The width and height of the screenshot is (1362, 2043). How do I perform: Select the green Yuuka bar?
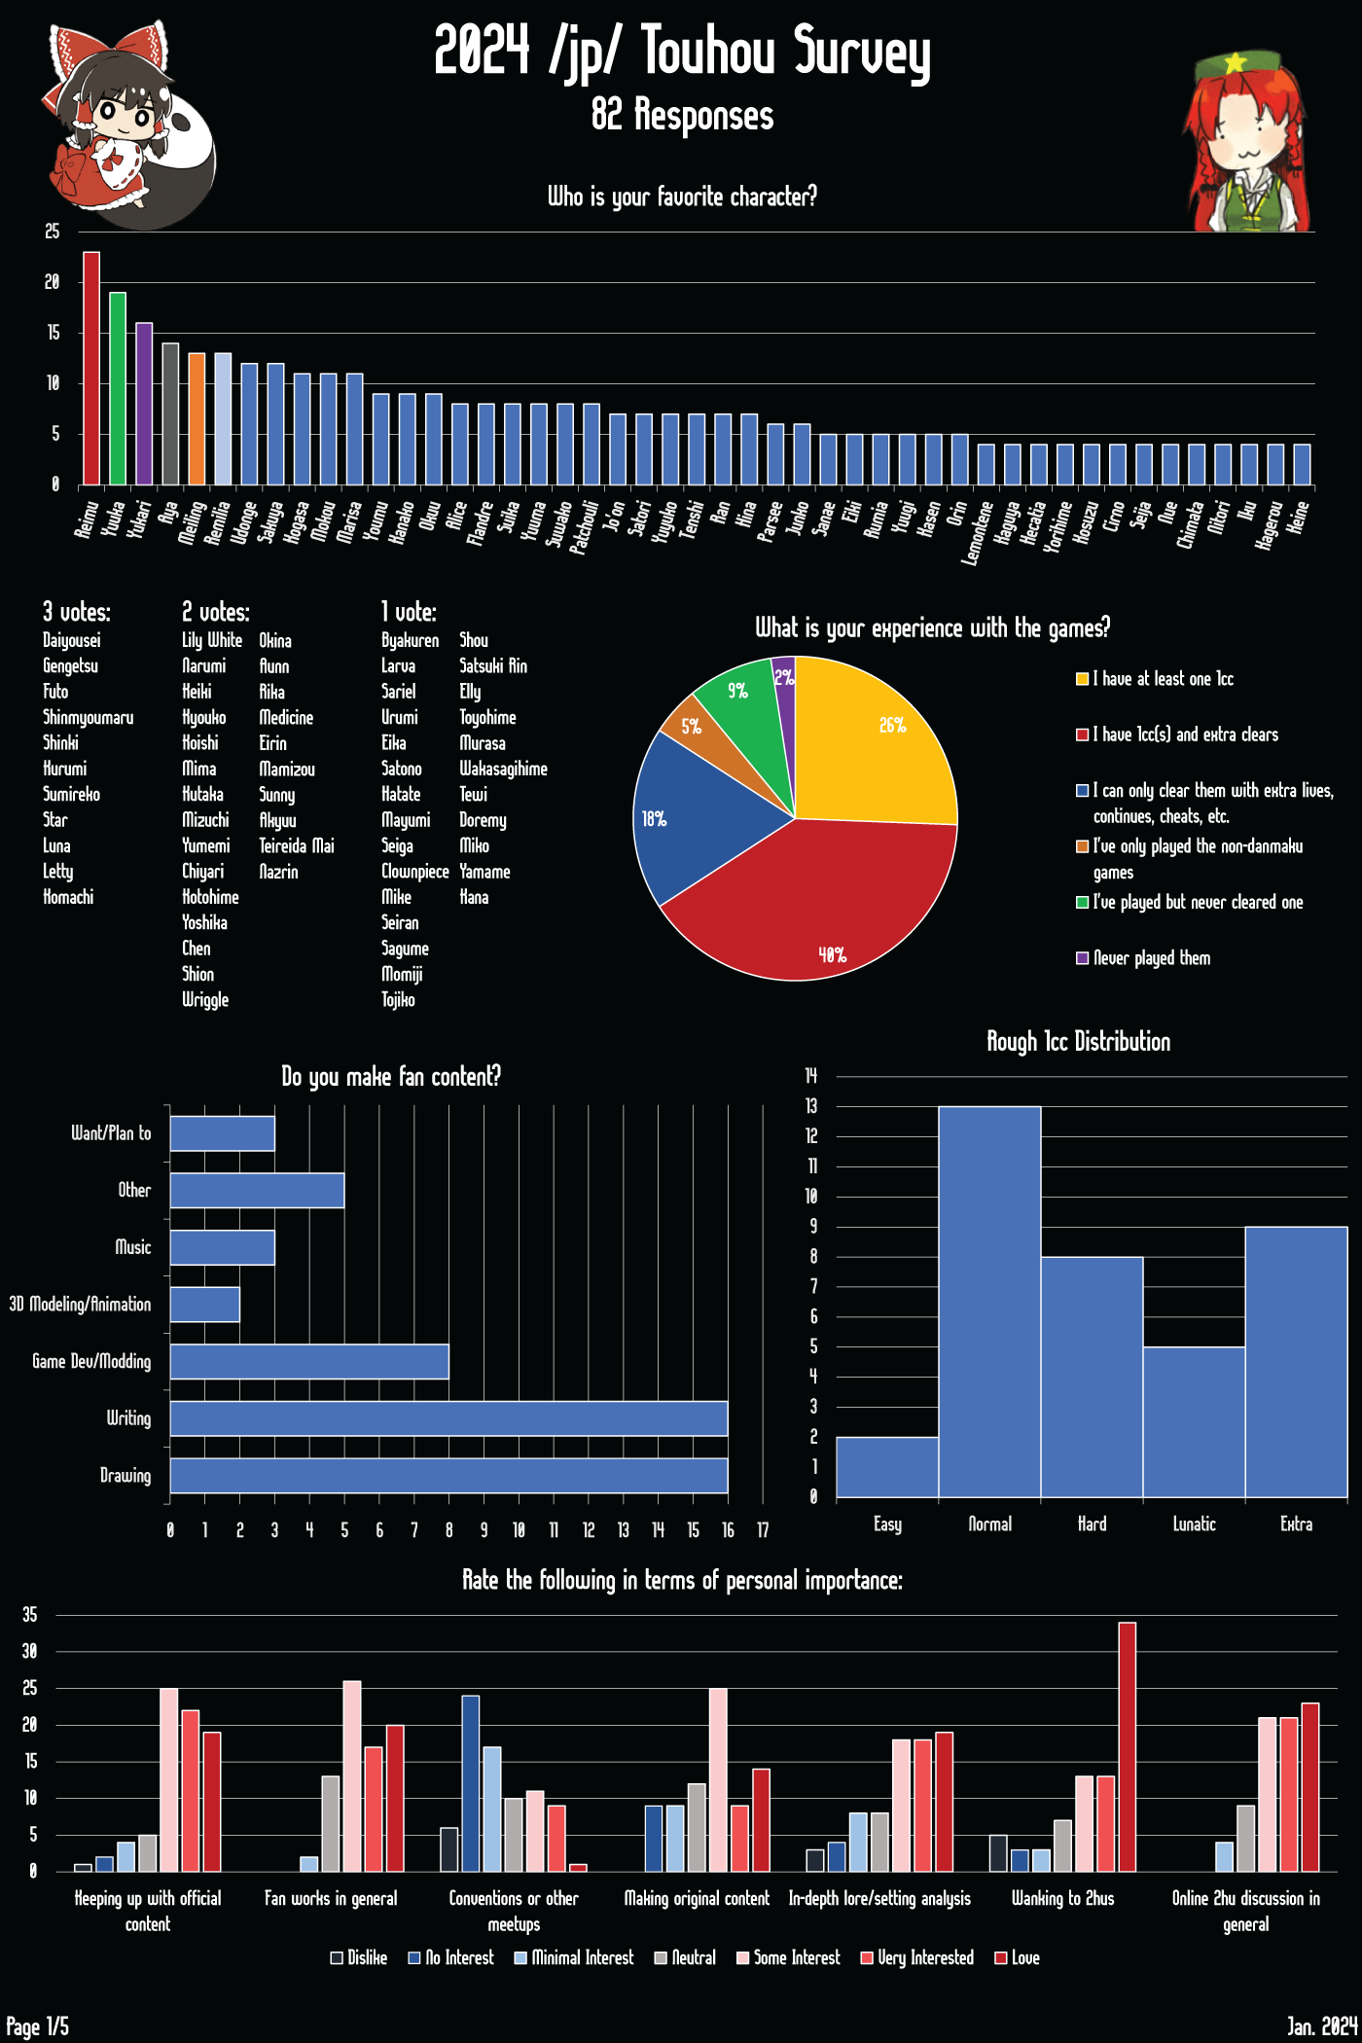click(118, 388)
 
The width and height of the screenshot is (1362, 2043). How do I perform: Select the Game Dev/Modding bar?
click(309, 1362)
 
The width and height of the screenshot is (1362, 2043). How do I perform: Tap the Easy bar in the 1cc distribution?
click(887, 1467)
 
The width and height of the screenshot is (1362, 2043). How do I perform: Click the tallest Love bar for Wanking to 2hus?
click(1128, 1746)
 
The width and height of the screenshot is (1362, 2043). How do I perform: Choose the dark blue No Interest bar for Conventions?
click(471, 1783)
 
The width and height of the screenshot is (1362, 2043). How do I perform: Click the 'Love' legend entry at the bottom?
click(1018, 1957)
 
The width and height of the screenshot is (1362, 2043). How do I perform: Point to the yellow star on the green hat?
click(1236, 64)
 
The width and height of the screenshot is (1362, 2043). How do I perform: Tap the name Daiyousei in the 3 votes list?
click(72, 640)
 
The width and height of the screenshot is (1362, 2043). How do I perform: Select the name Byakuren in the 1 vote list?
click(410, 640)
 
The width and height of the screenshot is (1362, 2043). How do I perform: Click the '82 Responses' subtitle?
click(682, 115)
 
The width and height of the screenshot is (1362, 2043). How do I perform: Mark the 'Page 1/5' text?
click(38, 2026)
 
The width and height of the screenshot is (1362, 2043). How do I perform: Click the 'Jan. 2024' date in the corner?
click(1321, 2026)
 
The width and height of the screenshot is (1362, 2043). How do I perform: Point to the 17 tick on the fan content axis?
click(763, 1530)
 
